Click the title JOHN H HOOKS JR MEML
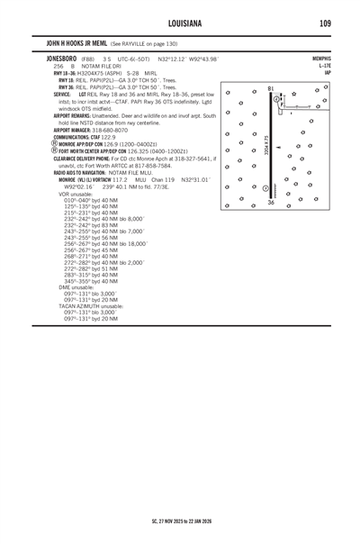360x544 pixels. coord(81,42)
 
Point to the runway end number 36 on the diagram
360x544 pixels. coord(270,203)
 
